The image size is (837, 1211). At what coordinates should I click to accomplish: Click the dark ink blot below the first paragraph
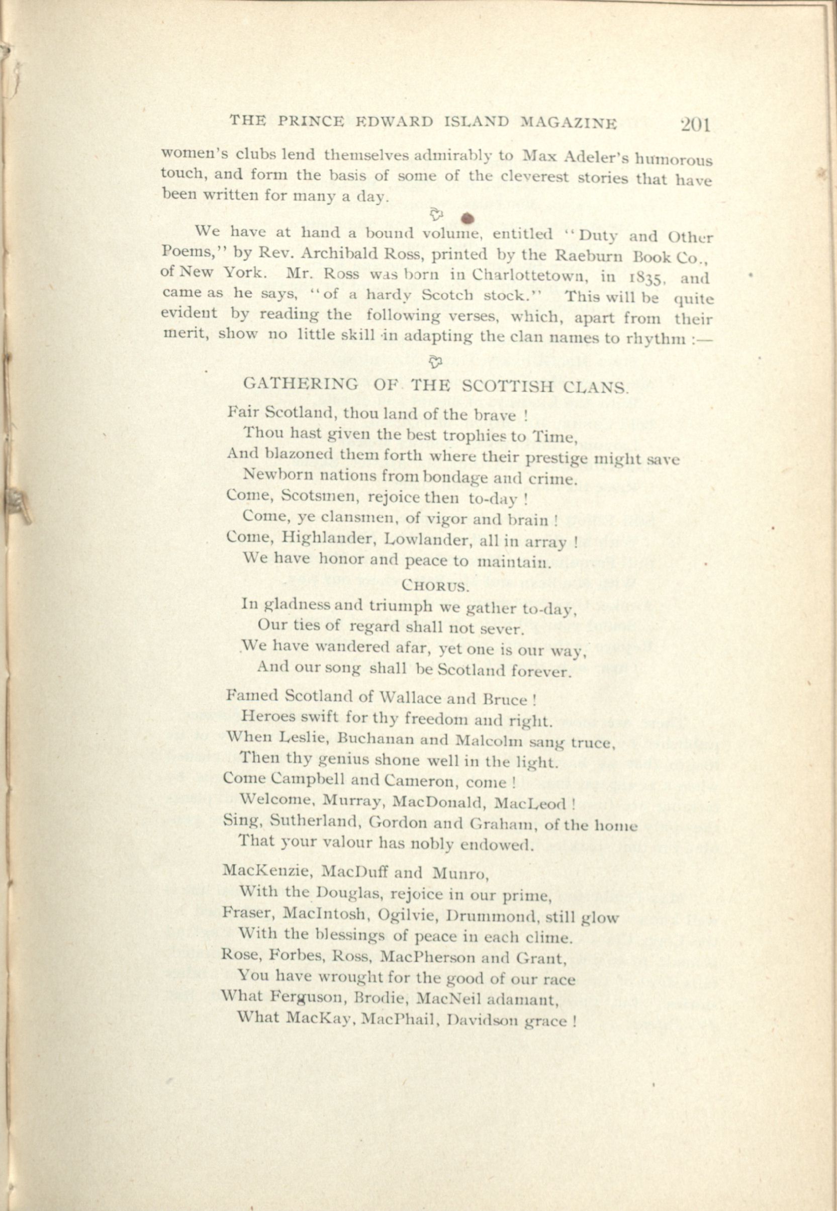tap(470, 218)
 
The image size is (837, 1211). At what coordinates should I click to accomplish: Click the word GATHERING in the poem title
tap(301, 384)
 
